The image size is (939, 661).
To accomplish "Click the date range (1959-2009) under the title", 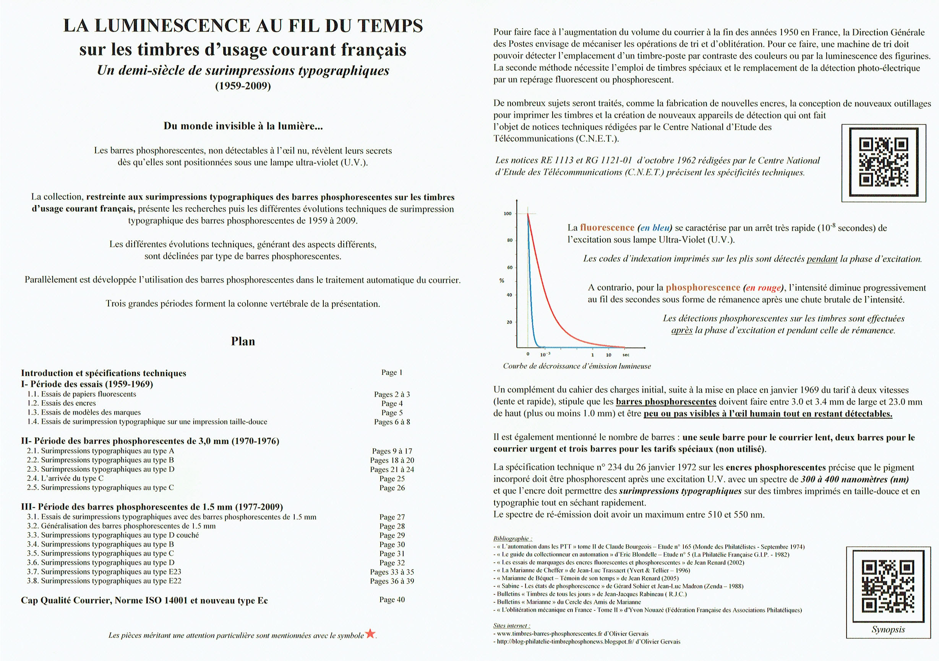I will [243, 86].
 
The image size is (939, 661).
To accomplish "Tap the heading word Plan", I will [243, 341].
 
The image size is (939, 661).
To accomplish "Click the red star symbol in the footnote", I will [370, 633].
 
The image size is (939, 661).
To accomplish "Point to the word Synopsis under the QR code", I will [888, 630].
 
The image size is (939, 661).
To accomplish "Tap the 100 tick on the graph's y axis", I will [508, 213].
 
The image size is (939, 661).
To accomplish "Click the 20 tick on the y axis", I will [509, 322].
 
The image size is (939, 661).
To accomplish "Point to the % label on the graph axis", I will [502, 280].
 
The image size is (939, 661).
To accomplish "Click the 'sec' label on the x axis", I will [626, 355].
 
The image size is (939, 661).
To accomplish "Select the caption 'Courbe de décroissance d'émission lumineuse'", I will [577, 366].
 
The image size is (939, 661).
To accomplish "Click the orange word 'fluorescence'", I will [607, 228].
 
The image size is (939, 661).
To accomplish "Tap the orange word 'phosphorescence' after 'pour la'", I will [702, 287].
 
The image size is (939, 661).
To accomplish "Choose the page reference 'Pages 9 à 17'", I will [392, 451].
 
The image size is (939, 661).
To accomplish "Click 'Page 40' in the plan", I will [392, 600].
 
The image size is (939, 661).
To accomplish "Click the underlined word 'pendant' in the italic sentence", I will [822, 259].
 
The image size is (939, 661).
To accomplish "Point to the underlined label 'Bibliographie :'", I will [512, 538].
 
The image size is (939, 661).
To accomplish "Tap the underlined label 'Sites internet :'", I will [512, 625].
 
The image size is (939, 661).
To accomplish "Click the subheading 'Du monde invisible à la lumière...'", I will [243, 126].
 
